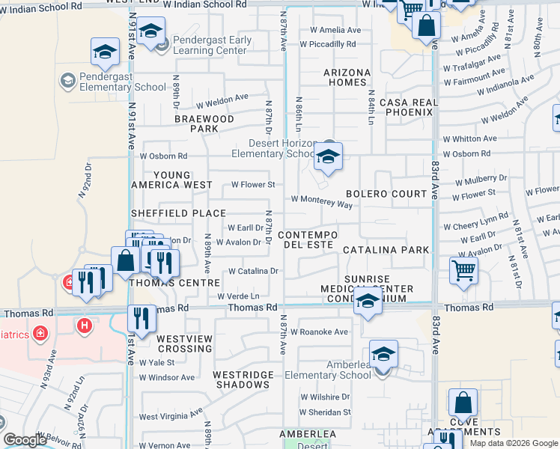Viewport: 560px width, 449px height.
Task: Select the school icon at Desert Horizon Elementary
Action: coord(328,158)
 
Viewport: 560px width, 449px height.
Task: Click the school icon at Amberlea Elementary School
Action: coord(383,355)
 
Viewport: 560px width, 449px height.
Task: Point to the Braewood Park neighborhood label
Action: coord(204,123)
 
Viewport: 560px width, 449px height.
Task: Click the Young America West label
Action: coord(172,180)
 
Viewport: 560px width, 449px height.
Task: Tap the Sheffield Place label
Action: coord(178,213)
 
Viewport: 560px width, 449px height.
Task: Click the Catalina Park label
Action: coord(386,250)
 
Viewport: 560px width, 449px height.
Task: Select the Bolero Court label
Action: coord(386,194)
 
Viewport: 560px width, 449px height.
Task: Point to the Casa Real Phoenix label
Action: coord(407,107)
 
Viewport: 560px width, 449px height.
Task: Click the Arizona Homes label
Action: coord(347,77)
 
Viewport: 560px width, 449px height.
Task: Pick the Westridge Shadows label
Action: coord(240,379)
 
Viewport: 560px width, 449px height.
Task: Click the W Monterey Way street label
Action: coord(321,202)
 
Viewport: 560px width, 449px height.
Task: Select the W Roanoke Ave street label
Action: coord(319,332)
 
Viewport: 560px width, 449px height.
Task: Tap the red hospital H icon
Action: coord(85,326)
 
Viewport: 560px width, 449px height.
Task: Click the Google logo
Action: coord(25,440)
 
